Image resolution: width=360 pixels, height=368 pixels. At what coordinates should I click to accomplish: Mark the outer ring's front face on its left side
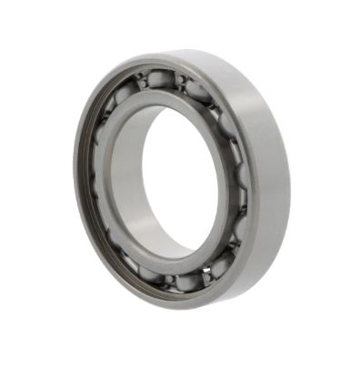(x=82, y=182)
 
